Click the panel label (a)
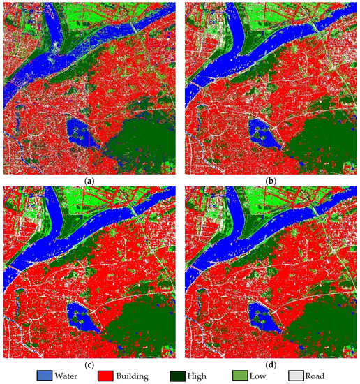tap(89, 180)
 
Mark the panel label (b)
tap(270, 180)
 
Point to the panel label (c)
tap(89, 362)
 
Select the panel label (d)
tap(270, 362)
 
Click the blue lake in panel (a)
tap(81, 133)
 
